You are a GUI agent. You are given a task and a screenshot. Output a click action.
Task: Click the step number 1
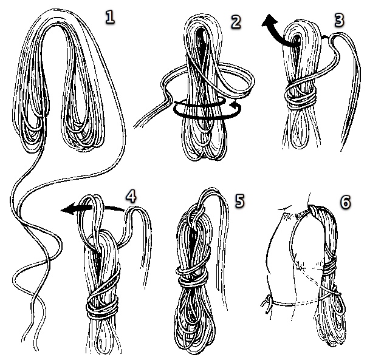click(110, 18)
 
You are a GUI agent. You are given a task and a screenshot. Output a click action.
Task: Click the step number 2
click(236, 22)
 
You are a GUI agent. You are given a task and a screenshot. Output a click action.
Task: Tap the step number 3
click(339, 20)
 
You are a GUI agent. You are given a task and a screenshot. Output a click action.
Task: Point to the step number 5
click(239, 201)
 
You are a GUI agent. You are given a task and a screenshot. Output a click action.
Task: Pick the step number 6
click(346, 202)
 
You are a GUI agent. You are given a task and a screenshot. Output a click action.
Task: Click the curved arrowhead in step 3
click(269, 21)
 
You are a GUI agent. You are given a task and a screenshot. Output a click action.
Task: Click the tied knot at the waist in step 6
click(267, 304)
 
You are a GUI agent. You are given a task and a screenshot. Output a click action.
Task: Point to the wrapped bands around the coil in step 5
click(192, 276)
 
